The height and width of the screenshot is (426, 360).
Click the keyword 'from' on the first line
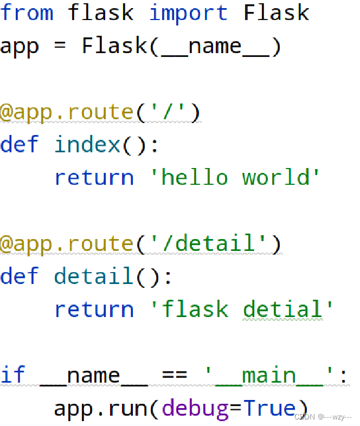pos(27,12)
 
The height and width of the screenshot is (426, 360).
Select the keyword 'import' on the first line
pos(188,12)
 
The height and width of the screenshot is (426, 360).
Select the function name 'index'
pos(87,145)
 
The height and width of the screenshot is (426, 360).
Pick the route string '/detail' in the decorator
pos(208,243)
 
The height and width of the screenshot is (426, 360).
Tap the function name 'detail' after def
pos(94,276)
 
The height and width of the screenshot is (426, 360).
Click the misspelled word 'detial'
pos(282,309)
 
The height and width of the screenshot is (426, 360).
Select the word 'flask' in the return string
pos(195,309)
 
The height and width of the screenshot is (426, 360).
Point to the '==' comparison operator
pos(175,375)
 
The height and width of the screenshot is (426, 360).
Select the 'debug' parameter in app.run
pos(195,408)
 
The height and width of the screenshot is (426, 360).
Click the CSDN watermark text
pos(323,417)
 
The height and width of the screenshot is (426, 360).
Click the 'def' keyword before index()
pos(20,145)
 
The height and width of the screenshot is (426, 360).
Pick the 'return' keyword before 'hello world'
pos(94,178)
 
